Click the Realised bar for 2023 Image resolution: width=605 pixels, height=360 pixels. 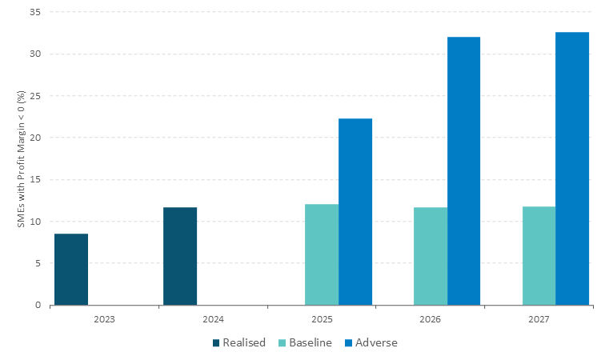(x=71, y=269)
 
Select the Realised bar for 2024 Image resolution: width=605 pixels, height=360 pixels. (x=180, y=256)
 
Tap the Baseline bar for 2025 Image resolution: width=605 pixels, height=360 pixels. (x=322, y=254)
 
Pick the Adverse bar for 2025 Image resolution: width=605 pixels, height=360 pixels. (x=355, y=211)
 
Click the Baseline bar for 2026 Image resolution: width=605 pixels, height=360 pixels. (x=431, y=256)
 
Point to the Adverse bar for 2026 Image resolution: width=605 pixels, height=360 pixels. (x=463, y=170)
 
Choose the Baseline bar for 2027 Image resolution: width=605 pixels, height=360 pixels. (x=539, y=256)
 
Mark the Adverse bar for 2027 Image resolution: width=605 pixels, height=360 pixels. (x=572, y=168)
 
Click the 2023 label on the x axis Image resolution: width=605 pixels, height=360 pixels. (x=104, y=318)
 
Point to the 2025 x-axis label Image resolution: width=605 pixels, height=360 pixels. (x=322, y=318)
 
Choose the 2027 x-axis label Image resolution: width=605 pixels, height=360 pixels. (x=539, y=318)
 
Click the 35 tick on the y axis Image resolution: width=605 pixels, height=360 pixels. (x=37, y=13)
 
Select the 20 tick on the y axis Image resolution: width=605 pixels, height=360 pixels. (x=37, y=138)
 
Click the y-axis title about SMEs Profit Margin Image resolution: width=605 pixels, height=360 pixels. (x=21, y=158)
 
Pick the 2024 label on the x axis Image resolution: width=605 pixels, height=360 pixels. (x=213, y=318)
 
